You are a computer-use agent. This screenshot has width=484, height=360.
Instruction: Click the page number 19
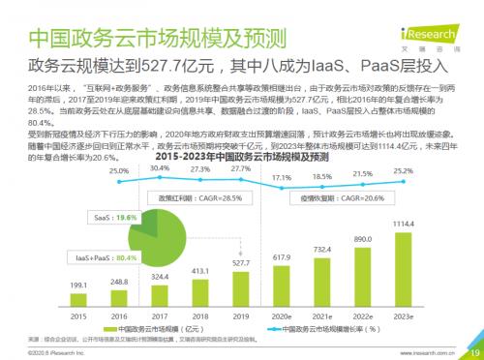pos(472,352)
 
